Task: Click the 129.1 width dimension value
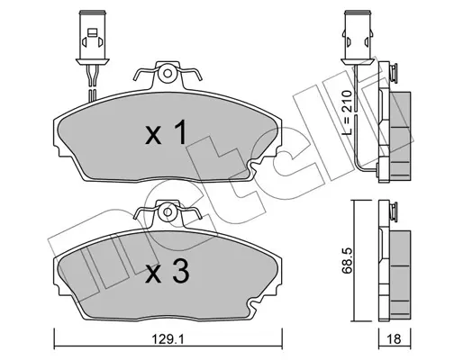(x=168, y=340)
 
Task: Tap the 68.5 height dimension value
(x=347, y=260)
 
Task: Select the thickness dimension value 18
(x=395, y=339)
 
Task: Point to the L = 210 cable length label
(x=347, y=112)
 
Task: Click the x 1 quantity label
(x=167, y=132)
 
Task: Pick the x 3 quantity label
(x=167, y=271)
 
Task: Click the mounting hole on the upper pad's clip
(x=168, y=73)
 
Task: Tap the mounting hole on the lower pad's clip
(x=168, y=212)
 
